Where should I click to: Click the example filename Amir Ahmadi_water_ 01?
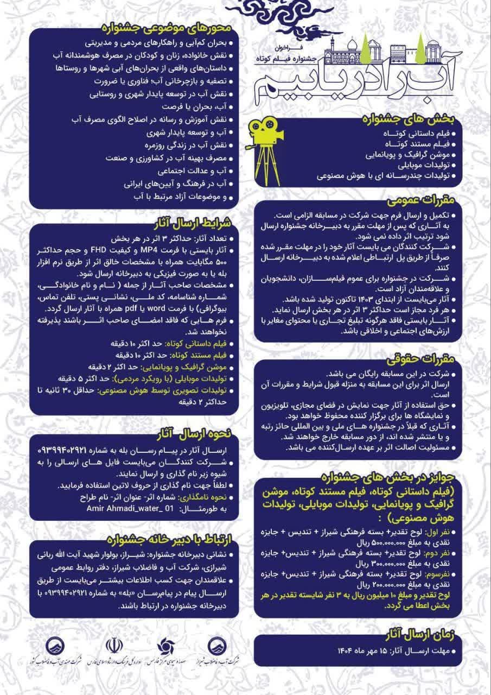point(130,509)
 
